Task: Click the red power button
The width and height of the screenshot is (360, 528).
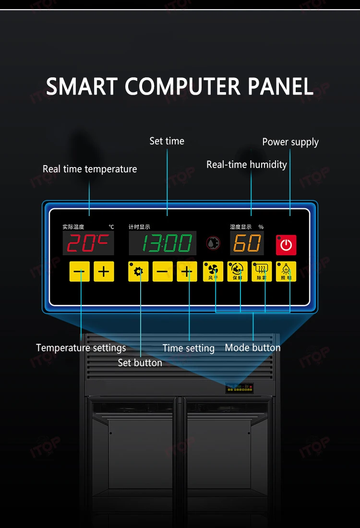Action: (x=286, y=245)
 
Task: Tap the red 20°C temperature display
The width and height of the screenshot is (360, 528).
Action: (x=88, y=243)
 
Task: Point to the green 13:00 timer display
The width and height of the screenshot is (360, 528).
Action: (x=163, y=243)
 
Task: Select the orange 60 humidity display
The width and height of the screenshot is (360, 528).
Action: (x=247, y=243)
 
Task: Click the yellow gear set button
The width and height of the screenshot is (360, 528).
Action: (x=138, y=272)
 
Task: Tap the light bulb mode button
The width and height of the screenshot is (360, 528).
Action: (x=286, y=272)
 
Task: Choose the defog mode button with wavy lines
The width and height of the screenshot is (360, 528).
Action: (x=262, y=272)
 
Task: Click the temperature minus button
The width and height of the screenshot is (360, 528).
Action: (x=79, y=272)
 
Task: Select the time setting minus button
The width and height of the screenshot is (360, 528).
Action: (x=163, y=272)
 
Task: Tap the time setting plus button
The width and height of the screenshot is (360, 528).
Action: (x=187, y=272)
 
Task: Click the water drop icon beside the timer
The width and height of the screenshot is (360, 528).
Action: (x=213, y=243)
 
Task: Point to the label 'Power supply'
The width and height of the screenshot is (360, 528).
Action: (x=290, y=142)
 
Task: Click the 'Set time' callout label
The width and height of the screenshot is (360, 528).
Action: (x=167, y=141)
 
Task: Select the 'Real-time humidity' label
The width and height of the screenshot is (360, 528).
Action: (x=247, y=165)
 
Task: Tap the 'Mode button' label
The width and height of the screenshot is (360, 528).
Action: (x=252, y=348)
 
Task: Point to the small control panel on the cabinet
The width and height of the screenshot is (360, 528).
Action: (x=240, y=388)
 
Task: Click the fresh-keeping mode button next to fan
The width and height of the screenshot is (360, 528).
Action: (x=238, y=272)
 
